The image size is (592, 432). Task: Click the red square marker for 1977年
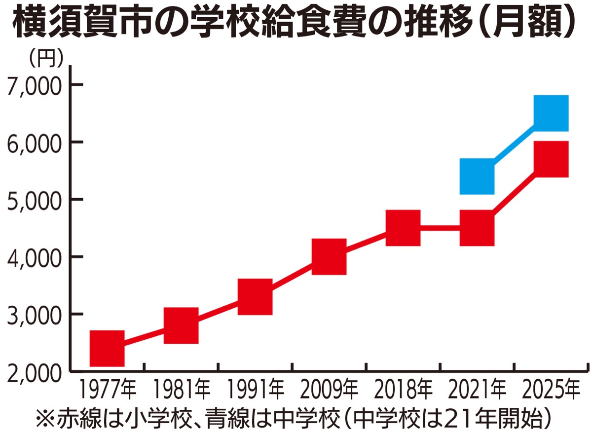107,348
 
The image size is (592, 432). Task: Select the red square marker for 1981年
181,325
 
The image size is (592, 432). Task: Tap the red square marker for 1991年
255,296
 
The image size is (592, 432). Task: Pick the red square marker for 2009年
329,256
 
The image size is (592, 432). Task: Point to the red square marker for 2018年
403,228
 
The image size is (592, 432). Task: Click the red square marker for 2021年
477,228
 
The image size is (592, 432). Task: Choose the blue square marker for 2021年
477,176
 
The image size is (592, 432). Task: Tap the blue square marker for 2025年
552,113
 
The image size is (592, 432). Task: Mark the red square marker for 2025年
552,159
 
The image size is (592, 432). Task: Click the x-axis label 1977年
107,390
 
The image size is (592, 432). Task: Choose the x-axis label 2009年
329,390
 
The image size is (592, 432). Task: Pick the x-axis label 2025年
552,390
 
